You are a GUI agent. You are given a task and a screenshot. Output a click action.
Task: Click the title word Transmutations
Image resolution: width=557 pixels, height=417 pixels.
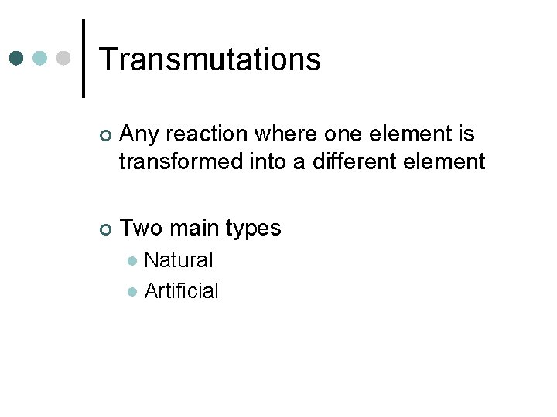pos(210,59)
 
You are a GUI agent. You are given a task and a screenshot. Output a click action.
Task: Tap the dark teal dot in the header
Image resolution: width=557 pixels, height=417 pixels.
pos(18,59)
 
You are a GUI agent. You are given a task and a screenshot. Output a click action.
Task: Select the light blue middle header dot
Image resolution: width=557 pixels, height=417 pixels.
pos(41,59)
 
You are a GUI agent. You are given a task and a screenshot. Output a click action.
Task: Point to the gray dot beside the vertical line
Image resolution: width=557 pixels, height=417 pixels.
pos(64,59)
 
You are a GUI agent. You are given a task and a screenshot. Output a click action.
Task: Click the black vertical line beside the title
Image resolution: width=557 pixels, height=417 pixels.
pos(83,59)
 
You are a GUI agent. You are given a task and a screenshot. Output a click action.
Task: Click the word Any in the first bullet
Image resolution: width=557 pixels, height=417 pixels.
pos(139,135)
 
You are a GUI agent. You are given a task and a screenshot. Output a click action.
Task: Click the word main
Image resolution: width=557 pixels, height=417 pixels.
pos(193,229)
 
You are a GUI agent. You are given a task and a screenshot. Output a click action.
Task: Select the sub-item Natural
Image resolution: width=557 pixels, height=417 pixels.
pos(179,260)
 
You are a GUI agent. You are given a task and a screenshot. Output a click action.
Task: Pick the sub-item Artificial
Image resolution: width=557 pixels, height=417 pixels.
pos(182,291)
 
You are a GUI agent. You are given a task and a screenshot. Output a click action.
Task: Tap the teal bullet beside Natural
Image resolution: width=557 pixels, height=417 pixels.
pos(132,261)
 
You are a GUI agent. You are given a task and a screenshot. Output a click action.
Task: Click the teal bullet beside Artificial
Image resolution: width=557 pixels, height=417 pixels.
pos(132,292)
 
